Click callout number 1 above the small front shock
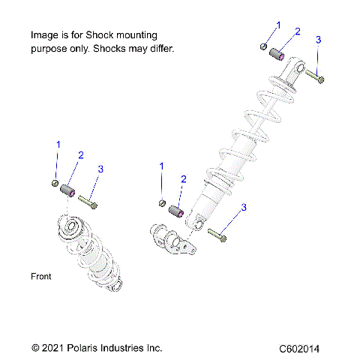click(58, 143)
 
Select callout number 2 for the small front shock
click(81, 155)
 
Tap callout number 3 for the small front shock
click(100, 169)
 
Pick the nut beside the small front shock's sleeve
click(55, 184)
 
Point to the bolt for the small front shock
click(87, 201)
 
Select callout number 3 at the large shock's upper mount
click(318, 39)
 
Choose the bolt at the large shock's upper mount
click(316, 76)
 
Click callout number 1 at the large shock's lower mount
click(162, 165)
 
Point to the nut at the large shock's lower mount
click(163, 202)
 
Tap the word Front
click(41, 277)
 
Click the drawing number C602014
click(301, 349)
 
